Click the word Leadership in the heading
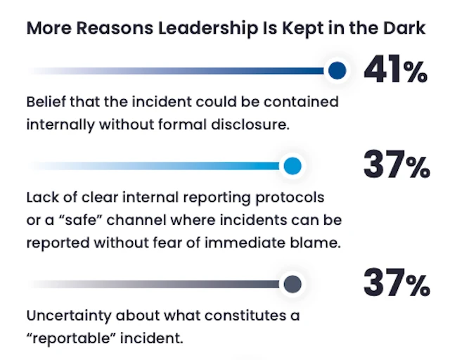pyautogui.click(x=196, y=29)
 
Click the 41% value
pyautogui.click(x=395, y=70)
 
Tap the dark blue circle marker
pyautogui.click(x=337, y=70)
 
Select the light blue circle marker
pyautogui.click(x=293, y=167)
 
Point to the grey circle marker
pyautogui.click(x=293, y=284)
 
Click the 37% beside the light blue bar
pyautogui.click(x=395, y=167)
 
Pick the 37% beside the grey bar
pyautogui.click(x=395, y=284)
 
